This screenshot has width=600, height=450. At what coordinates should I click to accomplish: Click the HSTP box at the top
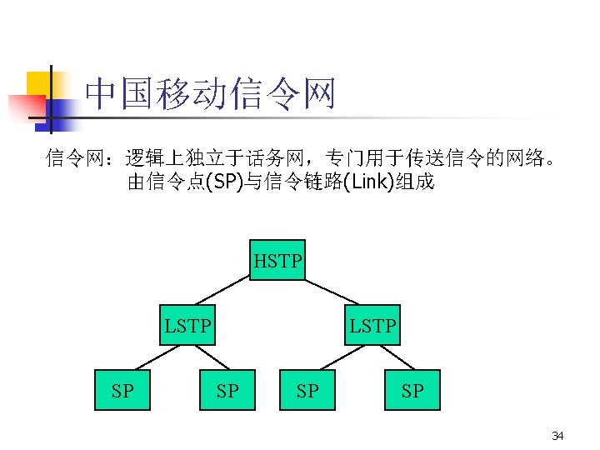pyautogui.click(x=278, y=261)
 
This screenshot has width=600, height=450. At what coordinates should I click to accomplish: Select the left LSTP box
pyautogui.click(x=187, y=325)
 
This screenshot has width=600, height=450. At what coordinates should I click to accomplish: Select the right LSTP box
pyautogui.click(x=372, y=325)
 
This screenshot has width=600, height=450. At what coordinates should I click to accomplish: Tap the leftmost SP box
pyautogui.click(x=122, y=390)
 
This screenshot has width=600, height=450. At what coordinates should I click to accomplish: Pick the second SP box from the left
pyautogui.click(x=227, y=390)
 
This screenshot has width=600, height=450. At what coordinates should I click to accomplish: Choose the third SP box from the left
pyautogui.click(x=307, y=390)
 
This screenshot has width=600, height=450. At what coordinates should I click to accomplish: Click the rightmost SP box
pyautogui.click(x=412, y=390)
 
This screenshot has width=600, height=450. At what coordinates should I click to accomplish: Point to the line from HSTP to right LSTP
pyautogui.click(x=332, y=292)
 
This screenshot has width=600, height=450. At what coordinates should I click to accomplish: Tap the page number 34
pyautogui.click(x=557, y=436)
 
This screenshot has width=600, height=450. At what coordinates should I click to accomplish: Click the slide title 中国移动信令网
pyautogui.click(x=209, y=94)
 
